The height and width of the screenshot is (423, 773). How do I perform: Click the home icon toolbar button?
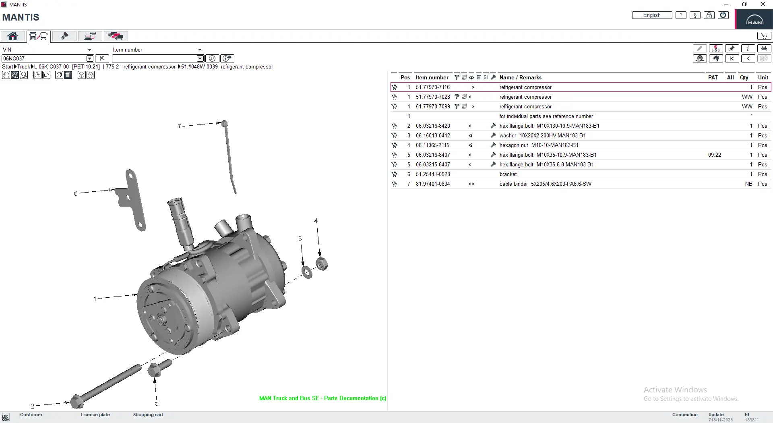[x=12, y=36]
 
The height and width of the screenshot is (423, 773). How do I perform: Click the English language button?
[x=651, y=15]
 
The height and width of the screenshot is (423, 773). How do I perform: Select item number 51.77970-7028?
[x=433, y=97]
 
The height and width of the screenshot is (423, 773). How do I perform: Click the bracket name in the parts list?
[x=508, y=174]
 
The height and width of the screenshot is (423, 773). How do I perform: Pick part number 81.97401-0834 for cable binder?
[x=433, y=184]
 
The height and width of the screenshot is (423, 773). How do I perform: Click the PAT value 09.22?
[x=714, y=155]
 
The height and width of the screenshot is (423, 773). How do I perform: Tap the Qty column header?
[x=744, y=77]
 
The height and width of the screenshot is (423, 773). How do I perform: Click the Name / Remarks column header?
[x=520, y=77]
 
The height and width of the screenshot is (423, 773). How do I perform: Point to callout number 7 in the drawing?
[x=179, y=126]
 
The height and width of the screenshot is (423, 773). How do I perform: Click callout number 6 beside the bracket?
[x=76, y=193]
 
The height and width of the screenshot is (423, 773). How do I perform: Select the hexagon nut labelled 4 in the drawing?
[x=321, y=264]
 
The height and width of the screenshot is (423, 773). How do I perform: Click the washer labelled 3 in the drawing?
[x=307, y=272]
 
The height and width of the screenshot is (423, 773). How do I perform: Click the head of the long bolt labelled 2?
[x=76, y=401]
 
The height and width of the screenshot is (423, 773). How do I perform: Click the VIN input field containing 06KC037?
[x=44, y=58]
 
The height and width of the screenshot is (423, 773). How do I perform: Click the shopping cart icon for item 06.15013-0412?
[x=394, y=136]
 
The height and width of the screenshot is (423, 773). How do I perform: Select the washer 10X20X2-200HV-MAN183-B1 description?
[x=542, y=136]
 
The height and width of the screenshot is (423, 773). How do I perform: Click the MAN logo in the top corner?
[x=754, y=20]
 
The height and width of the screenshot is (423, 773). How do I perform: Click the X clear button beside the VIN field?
[x=102, y=58]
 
